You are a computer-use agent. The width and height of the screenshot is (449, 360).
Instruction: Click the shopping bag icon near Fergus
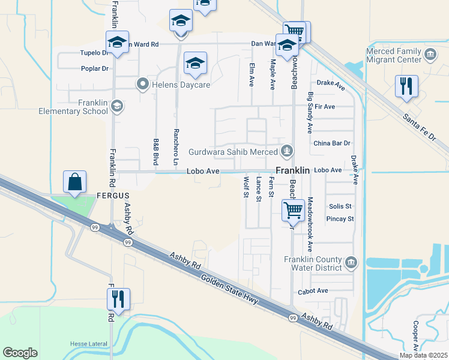coord(74,181)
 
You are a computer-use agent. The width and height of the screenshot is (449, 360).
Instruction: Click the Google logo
coord(20,353)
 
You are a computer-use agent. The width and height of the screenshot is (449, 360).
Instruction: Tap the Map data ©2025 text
coord(423,355)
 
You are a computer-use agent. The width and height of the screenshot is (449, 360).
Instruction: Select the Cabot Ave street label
coord(313,291)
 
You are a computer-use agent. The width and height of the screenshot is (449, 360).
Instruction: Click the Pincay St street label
coord(340,219)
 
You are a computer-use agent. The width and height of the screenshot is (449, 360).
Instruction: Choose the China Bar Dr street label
coord(331,143)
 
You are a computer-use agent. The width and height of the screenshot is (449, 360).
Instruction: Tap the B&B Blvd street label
coord(156,149)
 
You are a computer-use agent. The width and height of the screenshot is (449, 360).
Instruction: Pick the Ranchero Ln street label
coord(176,147)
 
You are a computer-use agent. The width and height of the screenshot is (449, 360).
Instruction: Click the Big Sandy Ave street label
coord(310,113)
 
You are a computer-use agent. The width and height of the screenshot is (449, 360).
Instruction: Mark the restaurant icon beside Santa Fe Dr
coord(406,86)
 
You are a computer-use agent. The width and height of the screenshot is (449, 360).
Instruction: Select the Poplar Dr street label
coord(95,68)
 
